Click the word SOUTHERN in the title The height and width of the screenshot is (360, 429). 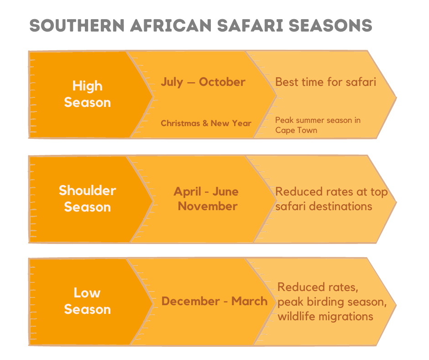click(x=77, y=26)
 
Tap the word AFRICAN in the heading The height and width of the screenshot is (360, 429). click(x=171, y=26)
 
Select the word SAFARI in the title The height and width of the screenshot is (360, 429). click(x=250, y=26)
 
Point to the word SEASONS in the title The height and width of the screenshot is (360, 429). click(x=330, y=26)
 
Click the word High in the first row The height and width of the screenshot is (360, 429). click(x=88, y=86)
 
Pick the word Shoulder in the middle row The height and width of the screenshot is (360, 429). click(x=88, y=191)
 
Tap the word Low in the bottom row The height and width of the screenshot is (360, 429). click(x=87, y=293)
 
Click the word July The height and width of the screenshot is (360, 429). click(x=172, y=82)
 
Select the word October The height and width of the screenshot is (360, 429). click(x=222, y=82)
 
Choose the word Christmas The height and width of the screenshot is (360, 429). click(x=180, y=123)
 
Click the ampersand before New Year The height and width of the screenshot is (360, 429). click(x=205, y=123)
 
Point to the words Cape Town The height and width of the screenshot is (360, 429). click(x=296, y=130)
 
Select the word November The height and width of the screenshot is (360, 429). click(x=208, y=206)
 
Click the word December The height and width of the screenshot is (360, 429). click(x=191, y=302)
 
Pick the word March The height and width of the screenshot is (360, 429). click(x=250, y=302)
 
